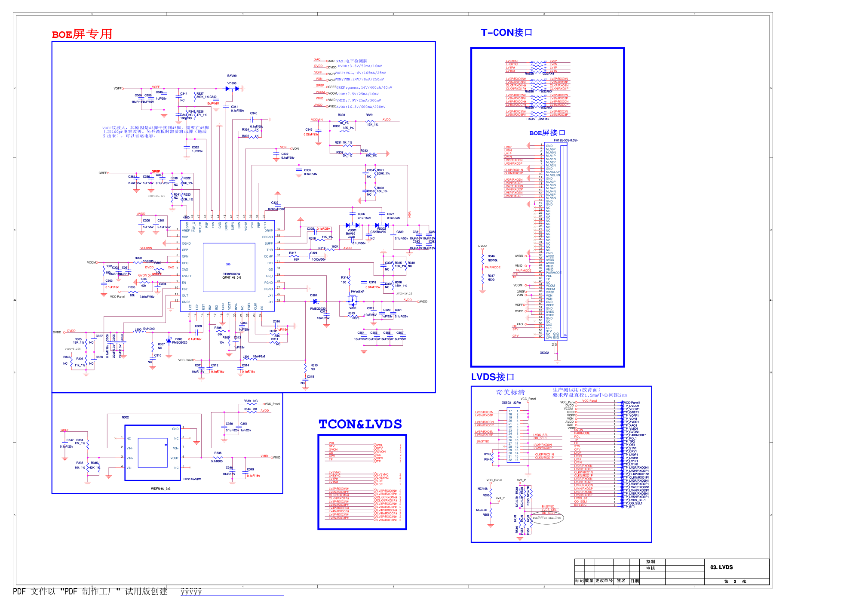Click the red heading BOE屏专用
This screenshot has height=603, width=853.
(x=82, y=34)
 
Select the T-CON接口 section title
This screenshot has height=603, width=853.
(x=506, y=33)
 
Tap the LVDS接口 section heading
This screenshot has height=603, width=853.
(x=492, y=377)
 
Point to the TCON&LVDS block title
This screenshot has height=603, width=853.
(x=360, y=425)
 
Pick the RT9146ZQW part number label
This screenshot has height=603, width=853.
(x=192, y=479)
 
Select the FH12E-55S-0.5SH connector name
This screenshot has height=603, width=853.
(x=566, y=140)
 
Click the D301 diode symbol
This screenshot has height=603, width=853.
(x=315, y=301)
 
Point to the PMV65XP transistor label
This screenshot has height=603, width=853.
(x=357, y=292)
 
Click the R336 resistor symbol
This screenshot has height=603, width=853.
(x=218, y=458)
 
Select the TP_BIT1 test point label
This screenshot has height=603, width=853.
(x=629, y=507)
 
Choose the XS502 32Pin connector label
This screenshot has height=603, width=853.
(x=511, y=403)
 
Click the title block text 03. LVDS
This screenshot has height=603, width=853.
(x=721, y=567)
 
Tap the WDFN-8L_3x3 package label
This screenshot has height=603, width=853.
(x=160, y=489)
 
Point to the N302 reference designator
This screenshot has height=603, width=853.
(x=125, y=417)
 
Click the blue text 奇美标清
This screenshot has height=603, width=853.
(x=510, y=392)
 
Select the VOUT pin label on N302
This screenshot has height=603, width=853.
(x=175, y=458)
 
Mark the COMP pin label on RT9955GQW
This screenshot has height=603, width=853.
(x=268, y=256)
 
